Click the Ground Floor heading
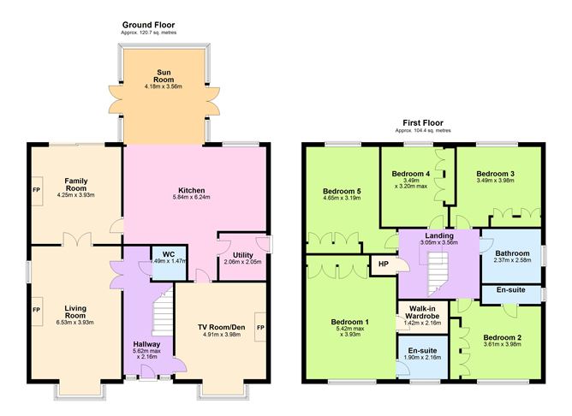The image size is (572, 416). point(148,25)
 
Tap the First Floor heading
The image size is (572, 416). point(423,123)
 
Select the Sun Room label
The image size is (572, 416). point(164,76)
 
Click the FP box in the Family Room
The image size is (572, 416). point(37,191)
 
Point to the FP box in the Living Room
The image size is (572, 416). point(37,311)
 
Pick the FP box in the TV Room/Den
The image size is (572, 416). point(260,327)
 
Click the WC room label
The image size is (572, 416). point(169,254)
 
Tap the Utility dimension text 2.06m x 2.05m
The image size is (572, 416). point(242,262)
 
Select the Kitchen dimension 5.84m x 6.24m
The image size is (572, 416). point(191,197)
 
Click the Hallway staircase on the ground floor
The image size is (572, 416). point(163,311)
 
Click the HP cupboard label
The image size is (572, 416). point(384,264)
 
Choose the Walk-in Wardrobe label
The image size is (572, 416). point(422,312)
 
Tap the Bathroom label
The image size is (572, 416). point(512,253)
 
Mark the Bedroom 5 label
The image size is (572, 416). point(342,192)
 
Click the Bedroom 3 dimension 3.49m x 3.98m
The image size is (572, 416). point(496,181)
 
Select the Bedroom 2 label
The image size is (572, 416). point(503,337)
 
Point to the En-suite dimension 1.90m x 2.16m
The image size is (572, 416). point(422,357)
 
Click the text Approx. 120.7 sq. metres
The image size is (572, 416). point(148,33)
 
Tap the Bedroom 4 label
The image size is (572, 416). point(411,174)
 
